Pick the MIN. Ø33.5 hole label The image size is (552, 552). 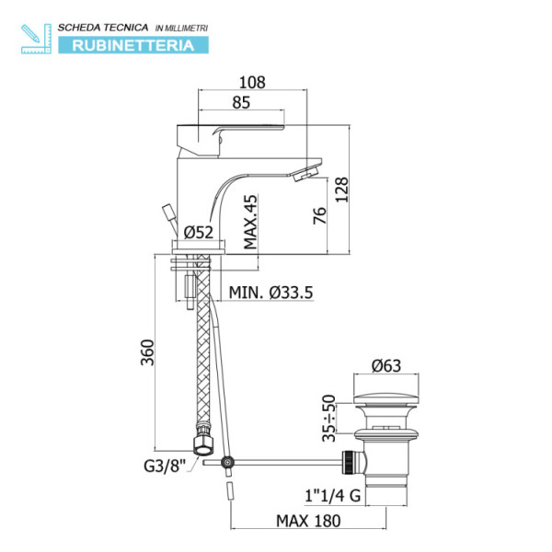[x=271, y=293]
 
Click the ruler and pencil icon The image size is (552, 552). [x=34, y=35]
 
